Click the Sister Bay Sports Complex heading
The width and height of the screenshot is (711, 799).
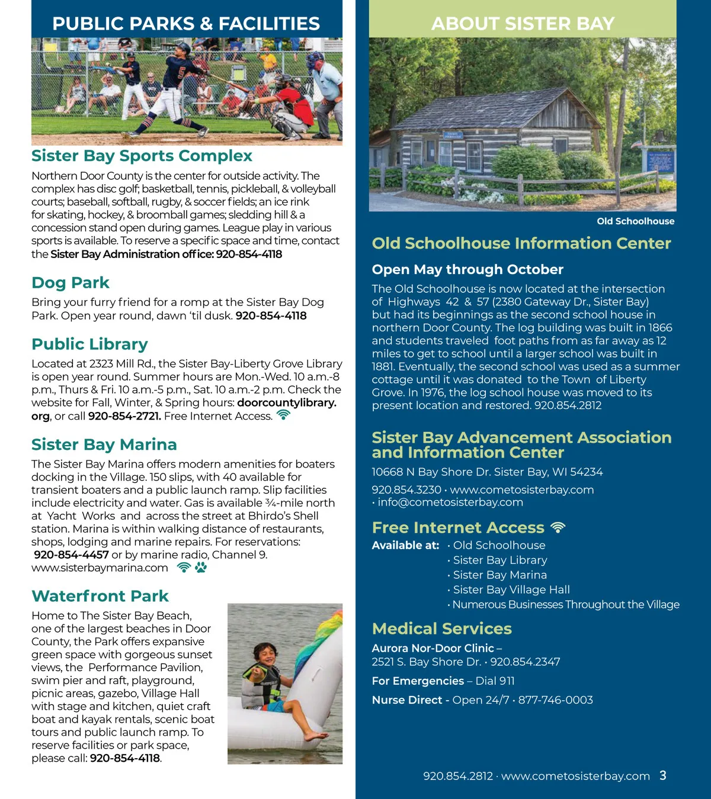tap(142, 156)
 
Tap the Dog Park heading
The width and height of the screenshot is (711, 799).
tap(71, 283)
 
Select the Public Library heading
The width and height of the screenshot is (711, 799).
tap(89, 344)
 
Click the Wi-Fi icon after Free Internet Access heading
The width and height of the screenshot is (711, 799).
tap(558, 527)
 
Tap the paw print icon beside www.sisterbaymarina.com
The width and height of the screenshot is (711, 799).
tap(201, 568)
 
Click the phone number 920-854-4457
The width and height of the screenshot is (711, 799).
tap(71, 555)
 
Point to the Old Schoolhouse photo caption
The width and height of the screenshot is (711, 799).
tap(635, 221)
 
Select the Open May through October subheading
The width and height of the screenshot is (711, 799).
tap(467, 269)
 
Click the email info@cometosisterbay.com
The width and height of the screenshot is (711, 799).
tap(450, 502)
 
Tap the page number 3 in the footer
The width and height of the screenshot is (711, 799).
tap(662, 775)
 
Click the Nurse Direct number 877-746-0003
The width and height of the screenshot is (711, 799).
tap(555, 700)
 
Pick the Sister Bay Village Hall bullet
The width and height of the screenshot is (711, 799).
tap(511, 589)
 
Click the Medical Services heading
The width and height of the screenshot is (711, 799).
tap(441, 629)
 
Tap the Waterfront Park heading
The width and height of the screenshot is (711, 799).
tap(100, 596)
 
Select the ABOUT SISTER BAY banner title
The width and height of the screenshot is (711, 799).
tap(523, 24)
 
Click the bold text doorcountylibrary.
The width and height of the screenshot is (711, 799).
tap(286, 403)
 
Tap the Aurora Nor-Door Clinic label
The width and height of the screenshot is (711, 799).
tap(433, 648)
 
